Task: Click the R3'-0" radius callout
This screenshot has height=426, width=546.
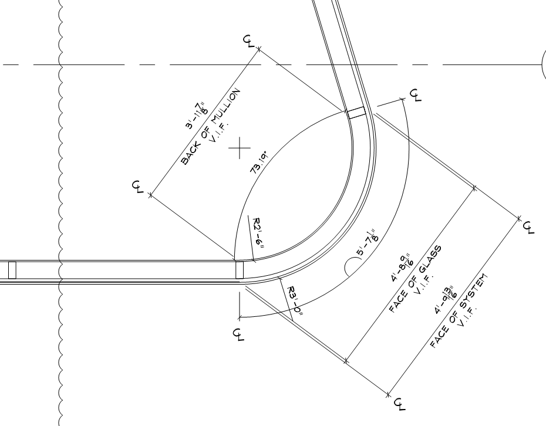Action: pyautogui.click(x=295, y=300)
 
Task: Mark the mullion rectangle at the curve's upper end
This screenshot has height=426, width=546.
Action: pyautogui.click(x=356, y=113)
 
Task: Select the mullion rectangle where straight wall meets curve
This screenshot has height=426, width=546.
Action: pyautogui.click(x=239, y=270)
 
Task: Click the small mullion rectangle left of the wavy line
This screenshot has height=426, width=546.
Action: pyautogui.click(x=12, y=270)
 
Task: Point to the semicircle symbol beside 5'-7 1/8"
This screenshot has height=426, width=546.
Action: pyautogui.click(x=351, y=267)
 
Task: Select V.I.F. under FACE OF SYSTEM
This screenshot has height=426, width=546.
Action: pyautogui.click(x=467, y=318)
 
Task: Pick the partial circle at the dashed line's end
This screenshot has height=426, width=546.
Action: pyautogui.click(x=543, y=65)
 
